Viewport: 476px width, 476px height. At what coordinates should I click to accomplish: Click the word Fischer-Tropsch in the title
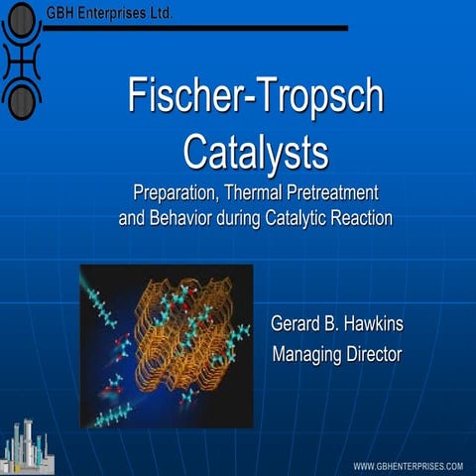click(x=255, y=95)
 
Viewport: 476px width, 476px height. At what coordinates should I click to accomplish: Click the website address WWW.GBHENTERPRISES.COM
click(x=409, y=465)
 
